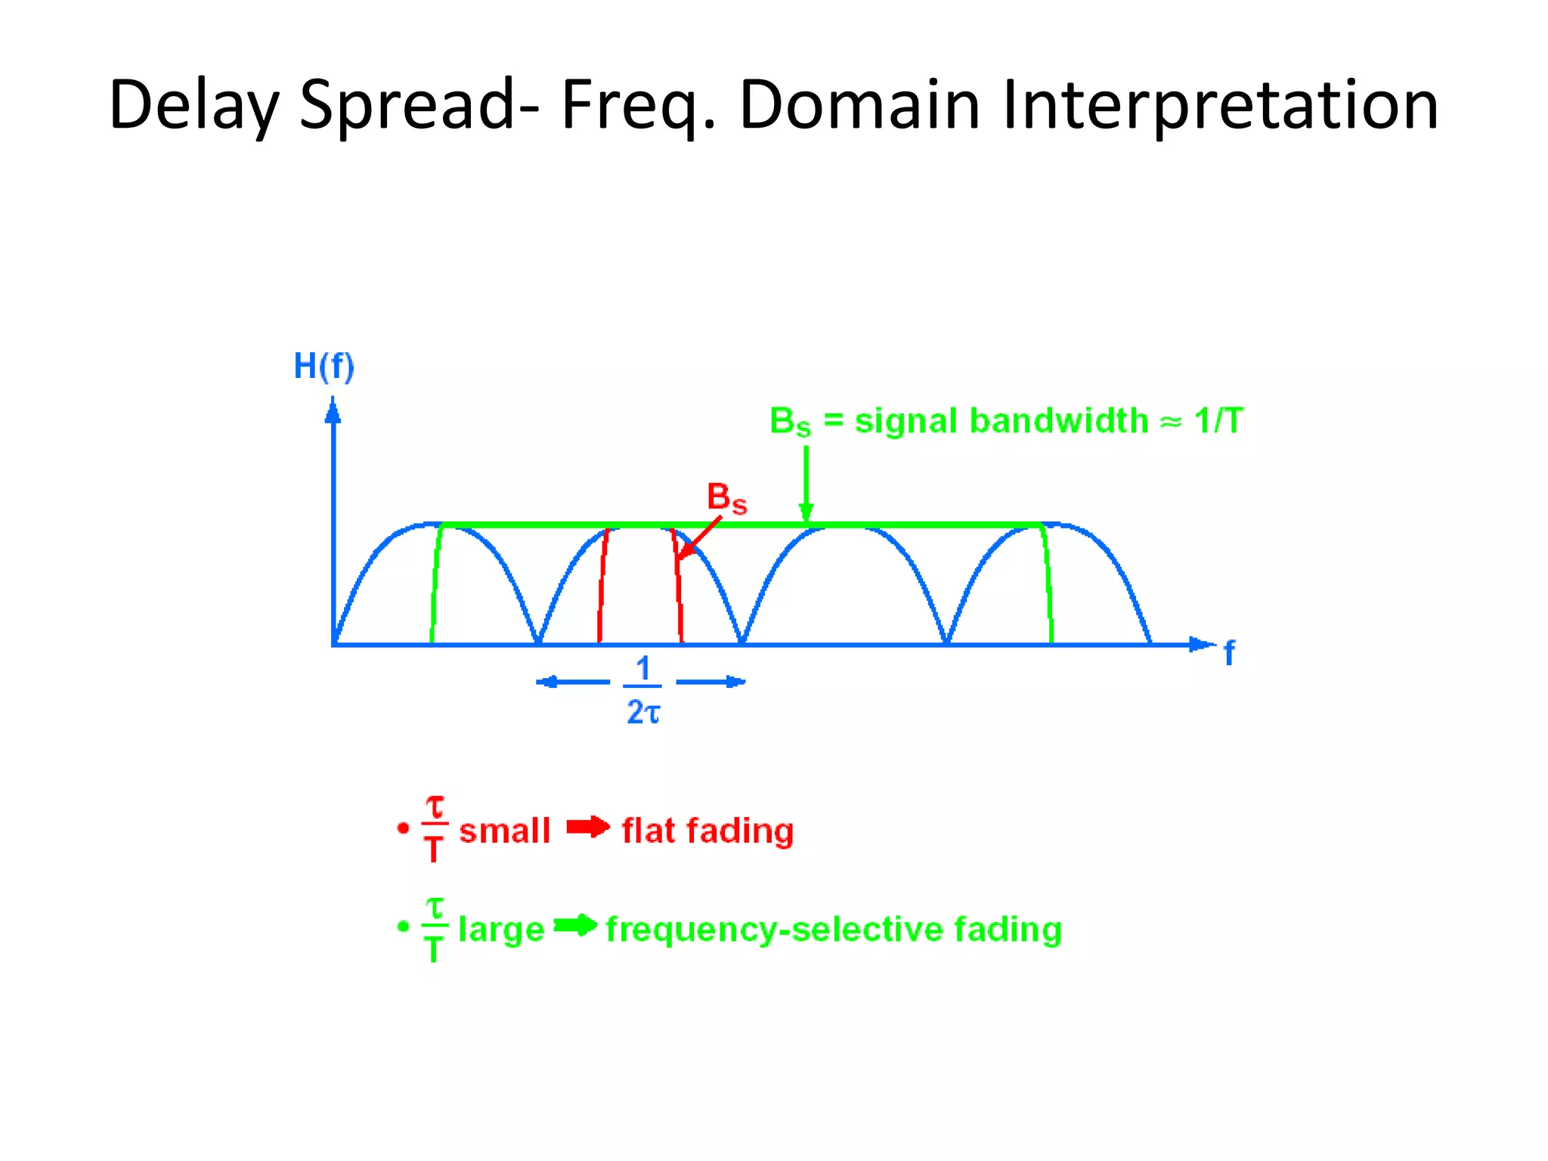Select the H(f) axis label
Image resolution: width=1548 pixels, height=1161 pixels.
[324, 367]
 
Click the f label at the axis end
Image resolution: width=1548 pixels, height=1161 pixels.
[1229, 652]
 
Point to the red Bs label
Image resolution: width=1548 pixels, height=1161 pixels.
[726, 498]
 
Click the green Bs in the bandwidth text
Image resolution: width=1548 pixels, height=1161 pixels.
[789, 422]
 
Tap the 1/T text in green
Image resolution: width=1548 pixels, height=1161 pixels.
[1218, 420]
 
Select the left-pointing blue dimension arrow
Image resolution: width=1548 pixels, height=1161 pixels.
[571, 682]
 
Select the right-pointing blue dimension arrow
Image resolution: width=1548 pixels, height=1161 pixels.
[711, 682]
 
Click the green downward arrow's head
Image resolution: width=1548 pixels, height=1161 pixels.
[806, 512]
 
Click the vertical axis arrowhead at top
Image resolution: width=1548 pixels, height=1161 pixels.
[333, 412]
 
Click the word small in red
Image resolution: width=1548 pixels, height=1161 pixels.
[504, 831]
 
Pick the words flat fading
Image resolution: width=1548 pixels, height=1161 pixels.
[707, 831]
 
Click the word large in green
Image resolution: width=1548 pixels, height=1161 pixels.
[501, 929]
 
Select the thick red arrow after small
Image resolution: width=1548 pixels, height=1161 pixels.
[588, 828]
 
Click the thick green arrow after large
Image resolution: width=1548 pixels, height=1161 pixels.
[575, 925]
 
